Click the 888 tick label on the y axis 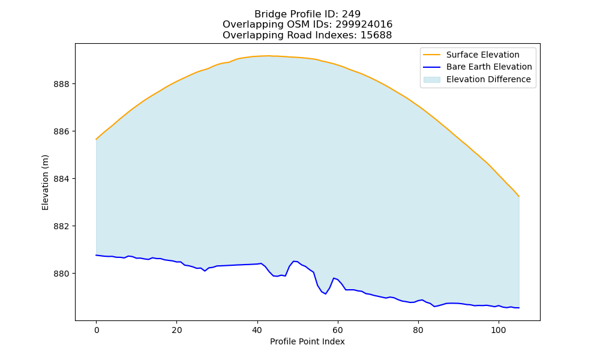click(x=62, y=84)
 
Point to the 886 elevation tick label click(x=62, y=131)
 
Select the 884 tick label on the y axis click(x=62, y=179)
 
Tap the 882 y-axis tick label click(x=62, y=226)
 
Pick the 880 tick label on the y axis click(x=62, y=274)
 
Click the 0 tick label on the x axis click(x=97, y=330)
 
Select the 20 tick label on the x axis click(x=177, y=330)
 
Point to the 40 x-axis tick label click(x=257, y=330)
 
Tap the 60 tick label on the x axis click(x=337, y=330)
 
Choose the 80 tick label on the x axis click(x=418, y=330)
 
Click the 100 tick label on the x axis click(x=499, y=330)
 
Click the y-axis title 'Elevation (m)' click(x=45, y=182)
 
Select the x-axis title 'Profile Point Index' click(x=307, y=341)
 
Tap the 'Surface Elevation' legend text click(x=483, y=55)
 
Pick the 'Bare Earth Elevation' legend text click(x=489, y=67)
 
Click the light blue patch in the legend click(x=432, y=80)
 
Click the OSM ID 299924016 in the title click(x=364, y=25)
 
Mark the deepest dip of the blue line click(x=325, y=294)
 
